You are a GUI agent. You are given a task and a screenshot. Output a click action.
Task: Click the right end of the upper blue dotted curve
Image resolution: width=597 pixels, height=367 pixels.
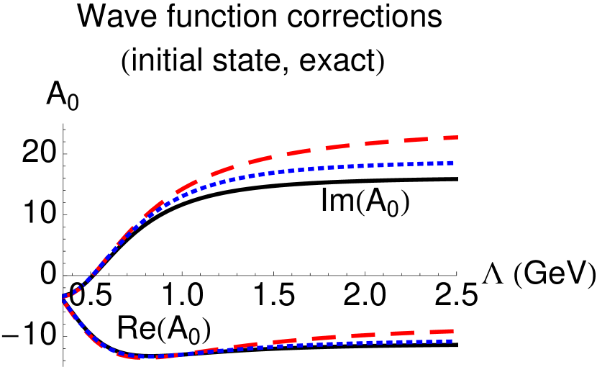pos(453,163)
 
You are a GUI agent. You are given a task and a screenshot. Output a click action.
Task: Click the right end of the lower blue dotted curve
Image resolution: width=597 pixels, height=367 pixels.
pos(452,340)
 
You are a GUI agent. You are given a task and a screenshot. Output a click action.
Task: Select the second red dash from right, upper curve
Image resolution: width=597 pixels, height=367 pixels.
pos(415,140)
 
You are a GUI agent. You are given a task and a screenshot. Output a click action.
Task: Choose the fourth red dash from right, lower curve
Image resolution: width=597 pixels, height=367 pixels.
pos(325,338)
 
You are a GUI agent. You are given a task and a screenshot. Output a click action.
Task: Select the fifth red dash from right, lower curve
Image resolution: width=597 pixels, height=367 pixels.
pos(286,341)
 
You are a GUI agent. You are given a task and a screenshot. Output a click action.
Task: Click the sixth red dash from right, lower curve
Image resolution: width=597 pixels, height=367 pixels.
pos(247,345)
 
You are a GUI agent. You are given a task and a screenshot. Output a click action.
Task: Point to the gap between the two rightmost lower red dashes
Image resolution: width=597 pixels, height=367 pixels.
pos(423,333)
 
